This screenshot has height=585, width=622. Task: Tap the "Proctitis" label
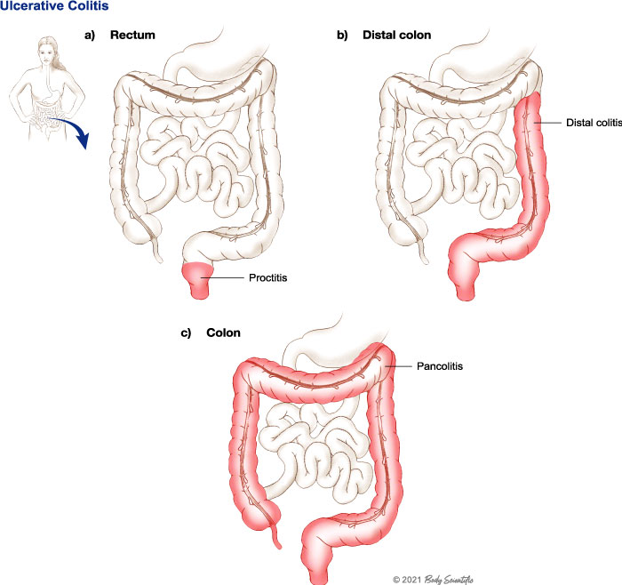click(x=267, y=278)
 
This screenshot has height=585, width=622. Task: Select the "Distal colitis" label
click(x=591, y=122)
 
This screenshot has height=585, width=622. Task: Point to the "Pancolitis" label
click(x=441, y=364)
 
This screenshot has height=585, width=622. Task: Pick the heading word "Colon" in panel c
click(x=226, y=333)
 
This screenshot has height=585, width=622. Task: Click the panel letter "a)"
click(x=90, y=36)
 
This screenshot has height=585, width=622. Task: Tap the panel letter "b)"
click(x=343, y=36)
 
